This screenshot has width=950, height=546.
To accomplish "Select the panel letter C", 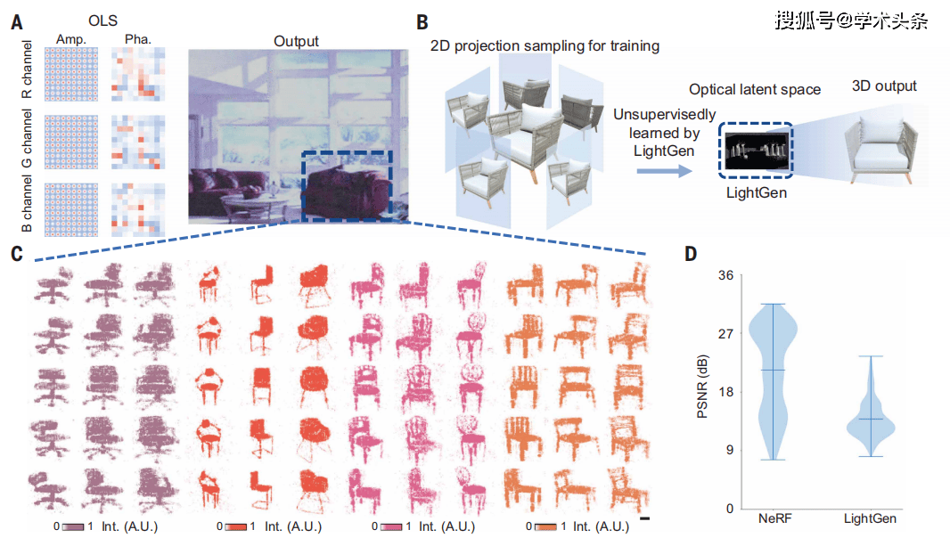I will pos(16,253).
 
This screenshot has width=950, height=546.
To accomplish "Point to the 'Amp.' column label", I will pos(70,39).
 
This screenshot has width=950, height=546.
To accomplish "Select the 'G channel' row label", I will pos(28,141).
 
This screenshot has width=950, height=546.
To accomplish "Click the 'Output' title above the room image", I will pos(296,41).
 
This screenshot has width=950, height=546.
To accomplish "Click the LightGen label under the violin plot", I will pos(870,519).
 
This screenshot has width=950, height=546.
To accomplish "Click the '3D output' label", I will pos(884,86).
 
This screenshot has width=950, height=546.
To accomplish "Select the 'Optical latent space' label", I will pos(755,90).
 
